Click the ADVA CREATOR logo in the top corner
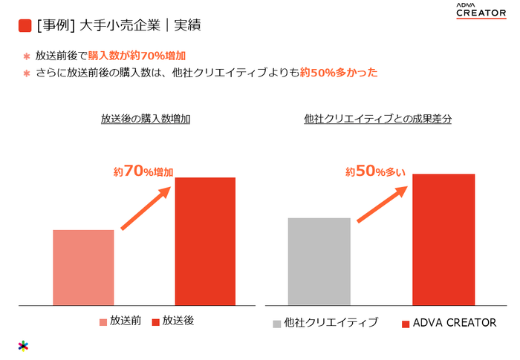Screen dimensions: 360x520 (481, 11)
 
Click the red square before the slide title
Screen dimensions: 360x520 (25, 26)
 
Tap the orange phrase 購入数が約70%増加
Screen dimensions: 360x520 (137, 56)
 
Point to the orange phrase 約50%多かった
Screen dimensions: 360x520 (339, 73)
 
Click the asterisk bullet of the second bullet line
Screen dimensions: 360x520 (26, 73)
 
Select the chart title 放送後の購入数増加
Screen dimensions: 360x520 (146, 119)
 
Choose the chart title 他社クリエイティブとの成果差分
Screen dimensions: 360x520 (378, 119)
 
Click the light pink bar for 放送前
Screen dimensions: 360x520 (83, 267)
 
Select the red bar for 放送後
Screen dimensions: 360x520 (205, 241)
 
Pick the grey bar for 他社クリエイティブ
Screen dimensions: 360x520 (319, 261)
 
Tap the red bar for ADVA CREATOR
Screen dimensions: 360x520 (443, 239)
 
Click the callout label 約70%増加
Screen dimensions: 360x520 (143, 171)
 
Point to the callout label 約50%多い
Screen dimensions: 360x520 (375, 171)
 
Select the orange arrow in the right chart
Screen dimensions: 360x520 (383, 201)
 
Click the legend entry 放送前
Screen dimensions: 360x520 (120, 322)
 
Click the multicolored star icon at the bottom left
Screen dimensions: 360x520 (24, 345)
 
